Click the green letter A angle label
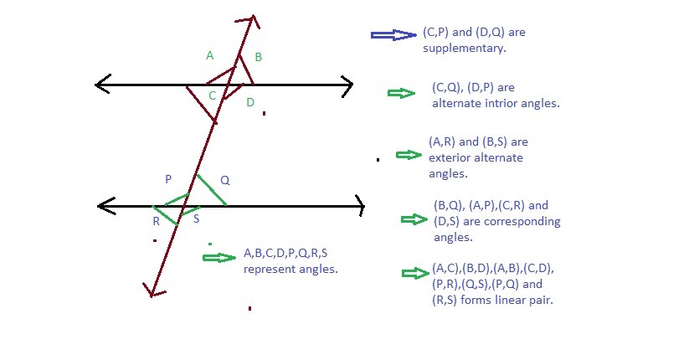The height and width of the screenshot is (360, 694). pyautogui.click(x=210, y=55)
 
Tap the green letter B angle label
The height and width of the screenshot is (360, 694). pyautogui.click(x=259, y=57)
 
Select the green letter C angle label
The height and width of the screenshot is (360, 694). pyautogui.click(x=212, y=95)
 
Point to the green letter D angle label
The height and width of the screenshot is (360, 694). pyautogui.click(x=250, y=102)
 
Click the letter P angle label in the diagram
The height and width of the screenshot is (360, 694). pyautogui.click(x=168, y=179)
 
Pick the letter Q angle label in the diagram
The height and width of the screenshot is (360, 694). pyautogui.click(x=225, y=180)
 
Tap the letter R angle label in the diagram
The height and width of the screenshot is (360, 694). pyautogui.click(x=157, y=221)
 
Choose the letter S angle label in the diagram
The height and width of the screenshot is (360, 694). pyautogui.click(x=196, y=219)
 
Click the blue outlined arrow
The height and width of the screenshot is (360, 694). pyautogui.click(x=393, y=35)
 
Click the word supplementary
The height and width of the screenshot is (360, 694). pyautogui.click(x=465, y=49)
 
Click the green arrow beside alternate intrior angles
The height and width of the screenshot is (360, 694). pyautogui.click(x=402, y=93)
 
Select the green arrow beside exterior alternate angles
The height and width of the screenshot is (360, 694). pyautogui.click(x=409, y=155)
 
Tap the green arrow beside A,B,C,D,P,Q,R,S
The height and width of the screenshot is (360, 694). pyautogui.click(x=219, y=258)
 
